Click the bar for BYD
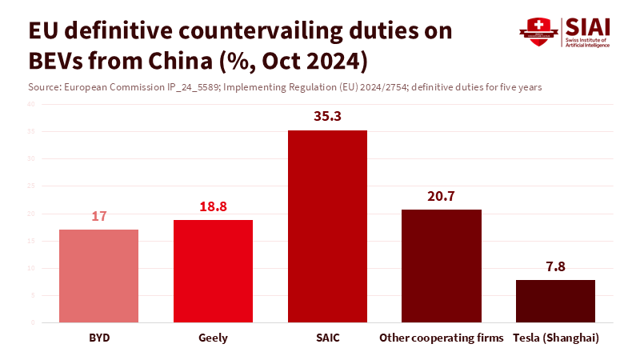point(98,276)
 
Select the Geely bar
point(213,271)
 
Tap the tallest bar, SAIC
point(327,226)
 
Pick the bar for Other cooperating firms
point(442,266)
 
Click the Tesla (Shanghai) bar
point(555,301)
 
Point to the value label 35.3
point(327,117)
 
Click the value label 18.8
point(213,206)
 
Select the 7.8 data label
point(555,267)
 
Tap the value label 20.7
point(442,196)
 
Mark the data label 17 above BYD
point(98,216)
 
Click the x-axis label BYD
point(98,338)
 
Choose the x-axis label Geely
point(213,338)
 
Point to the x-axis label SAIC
point(327,338)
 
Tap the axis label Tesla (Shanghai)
point(555,338)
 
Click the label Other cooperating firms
point(442,338)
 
